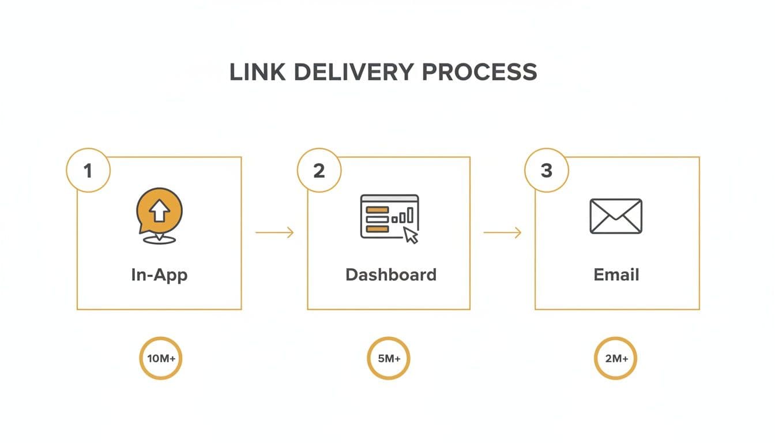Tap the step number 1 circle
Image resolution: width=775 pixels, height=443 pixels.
(88, 171)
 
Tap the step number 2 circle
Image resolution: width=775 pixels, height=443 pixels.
(319, 171)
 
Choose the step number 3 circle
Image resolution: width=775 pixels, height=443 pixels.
(547, 171)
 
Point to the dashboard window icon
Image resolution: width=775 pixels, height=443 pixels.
(389, 217)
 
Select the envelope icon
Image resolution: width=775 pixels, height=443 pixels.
(616, 216)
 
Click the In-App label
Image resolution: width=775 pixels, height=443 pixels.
(159, 275)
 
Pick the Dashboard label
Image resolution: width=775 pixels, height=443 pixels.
(390, 275)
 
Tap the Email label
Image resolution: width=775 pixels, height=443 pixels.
(616, 275)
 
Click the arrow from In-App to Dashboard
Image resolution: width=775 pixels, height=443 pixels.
(274, 232)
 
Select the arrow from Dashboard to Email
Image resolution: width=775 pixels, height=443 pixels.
(502, 232)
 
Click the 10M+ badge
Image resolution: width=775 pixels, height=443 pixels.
(161, 358)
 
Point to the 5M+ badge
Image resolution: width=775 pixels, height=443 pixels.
(389, 358)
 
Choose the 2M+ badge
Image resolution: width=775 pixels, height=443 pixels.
(616, 358)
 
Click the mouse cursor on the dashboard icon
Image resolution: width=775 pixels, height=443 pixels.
(410, 235)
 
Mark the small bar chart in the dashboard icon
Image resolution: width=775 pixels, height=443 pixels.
(403, 216)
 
